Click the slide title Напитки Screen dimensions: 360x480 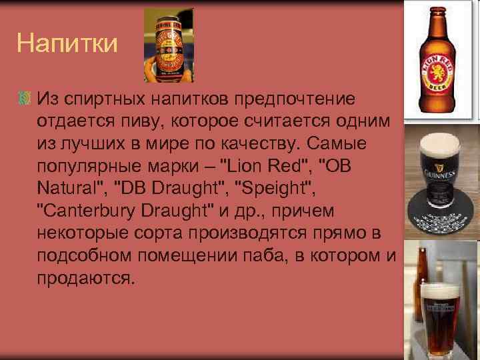[67, 44]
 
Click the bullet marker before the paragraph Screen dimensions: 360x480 [25, 99]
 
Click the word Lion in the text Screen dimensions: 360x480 [245, 165]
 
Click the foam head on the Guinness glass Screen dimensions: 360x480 [441, 143]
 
